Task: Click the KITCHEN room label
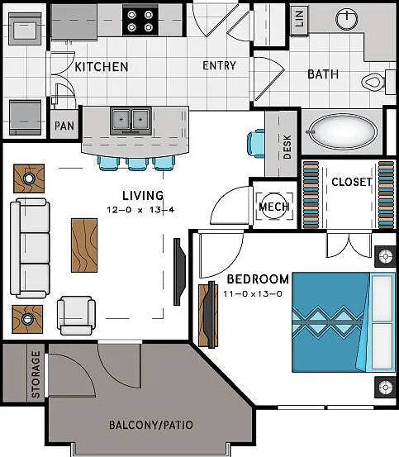pyautogui.click(x=102, y=67)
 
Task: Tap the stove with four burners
pyautogui.click(x=140, y=20)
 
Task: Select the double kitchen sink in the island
pyautogui.click(x=131, y=121)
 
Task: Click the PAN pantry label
pyautogui.click(x=64, y=126)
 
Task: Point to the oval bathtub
pyautogui.click(x=343, y=131)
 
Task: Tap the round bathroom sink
pyautogui.click(x=347, y=19)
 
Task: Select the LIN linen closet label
pyautogui.click(x=299, y=18)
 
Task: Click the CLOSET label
pyautogui.click(x=352, y=182)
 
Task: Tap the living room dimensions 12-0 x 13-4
pyautogui.click(x=140, y=210)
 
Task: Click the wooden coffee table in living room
pyautogui.click(x=84, y=245)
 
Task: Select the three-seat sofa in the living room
pyautogui.click(x=30, y=248)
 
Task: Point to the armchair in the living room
pyautogui.click(x=76, y=316)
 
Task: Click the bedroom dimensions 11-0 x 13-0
pyautogui.click(x=253, y=293)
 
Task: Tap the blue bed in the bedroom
pyautogui.click(x=344, y=322)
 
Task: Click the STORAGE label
pyautogui.click(x=36, y=374)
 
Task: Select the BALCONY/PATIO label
pyautogui.click(x=151, y=425)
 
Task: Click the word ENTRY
pyautogui.click(x=219, y=65)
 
